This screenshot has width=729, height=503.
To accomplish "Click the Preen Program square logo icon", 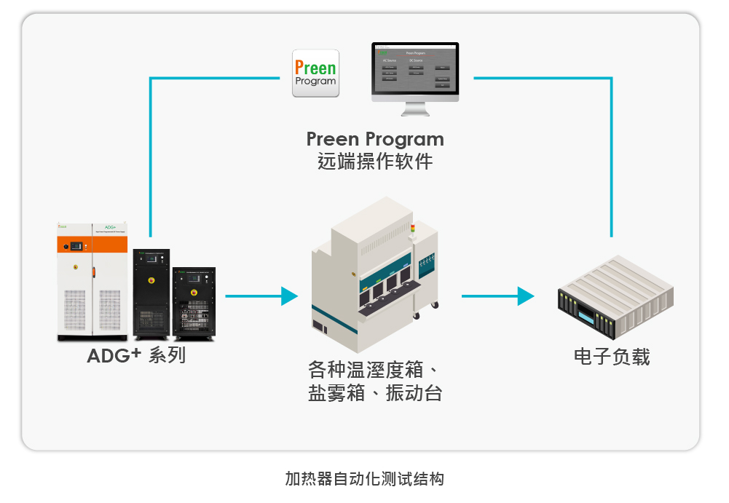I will point(315,73).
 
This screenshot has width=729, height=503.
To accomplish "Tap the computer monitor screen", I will point(415,70).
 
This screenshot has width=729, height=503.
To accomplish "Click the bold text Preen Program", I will point(374,139).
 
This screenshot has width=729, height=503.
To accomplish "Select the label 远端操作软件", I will point(374,161).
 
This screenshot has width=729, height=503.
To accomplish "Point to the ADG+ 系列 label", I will point(136,356).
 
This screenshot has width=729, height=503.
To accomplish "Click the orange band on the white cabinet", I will point(92,245).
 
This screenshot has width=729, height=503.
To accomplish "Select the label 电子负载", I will point(612,357).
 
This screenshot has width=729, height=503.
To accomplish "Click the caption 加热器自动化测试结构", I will point(364,479).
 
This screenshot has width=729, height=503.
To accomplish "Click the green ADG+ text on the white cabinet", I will point(111,226).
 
